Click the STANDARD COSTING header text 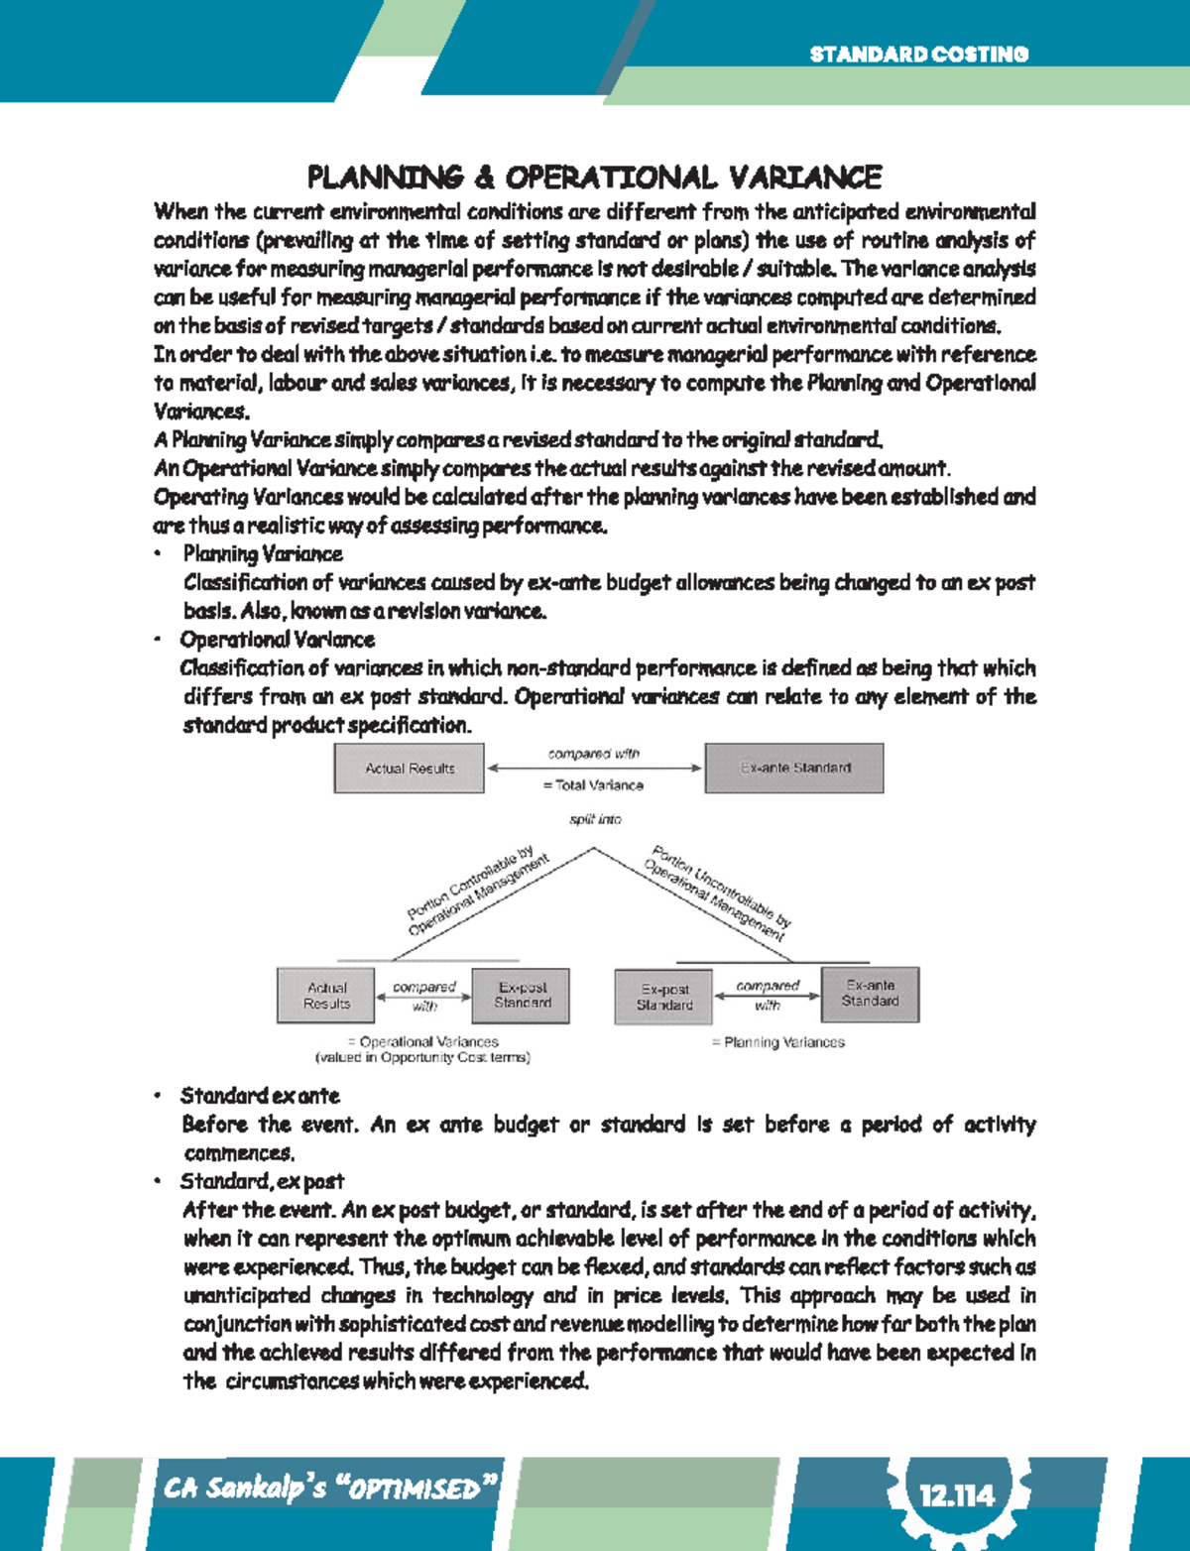[918, 55]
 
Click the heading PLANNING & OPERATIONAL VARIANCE [594, 178]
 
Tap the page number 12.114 [956, 1494]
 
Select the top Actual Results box [409, 769]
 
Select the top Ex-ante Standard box [794, 769]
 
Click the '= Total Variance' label [593, 785]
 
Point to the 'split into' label [595, 819]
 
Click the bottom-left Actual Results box [326, 996]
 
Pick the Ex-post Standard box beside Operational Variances [522, 996]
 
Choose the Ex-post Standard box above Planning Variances [664, 997]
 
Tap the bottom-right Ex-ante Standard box [870, 994]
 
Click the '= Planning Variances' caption [778, 1042]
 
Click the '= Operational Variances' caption [423, 1042]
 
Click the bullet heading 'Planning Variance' [263, 554]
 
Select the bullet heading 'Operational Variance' [277, 640]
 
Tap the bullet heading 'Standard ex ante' [260, 1096]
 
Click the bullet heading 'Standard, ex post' [262, 1181]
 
